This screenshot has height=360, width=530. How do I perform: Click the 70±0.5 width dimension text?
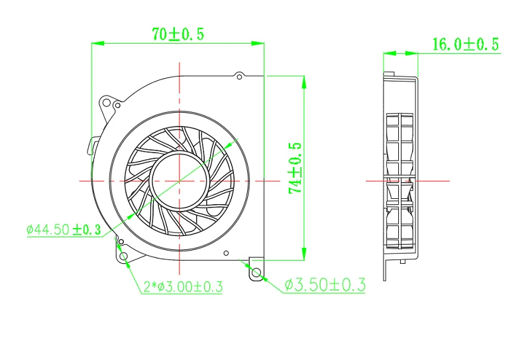tap(178, 35)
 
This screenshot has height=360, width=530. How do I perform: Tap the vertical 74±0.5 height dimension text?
tap(295, 168)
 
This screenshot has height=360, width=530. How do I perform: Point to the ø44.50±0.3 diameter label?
tap(64, 230)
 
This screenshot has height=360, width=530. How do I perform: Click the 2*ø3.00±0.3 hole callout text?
tap(183, 286)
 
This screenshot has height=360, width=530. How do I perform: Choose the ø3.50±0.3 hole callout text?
tap(325, 285)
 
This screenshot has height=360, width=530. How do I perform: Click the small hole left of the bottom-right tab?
tap(227, 253)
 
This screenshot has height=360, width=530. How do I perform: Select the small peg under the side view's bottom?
tap(401, 263)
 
